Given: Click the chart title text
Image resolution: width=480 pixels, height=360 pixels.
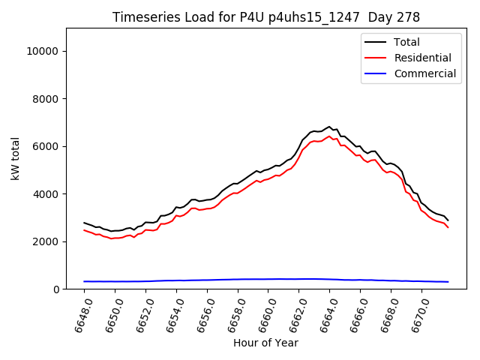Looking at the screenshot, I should point(266,16).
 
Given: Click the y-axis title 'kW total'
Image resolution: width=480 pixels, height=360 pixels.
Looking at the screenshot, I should point(16,159).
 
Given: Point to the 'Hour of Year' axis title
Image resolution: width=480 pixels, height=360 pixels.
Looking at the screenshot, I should point(266,343).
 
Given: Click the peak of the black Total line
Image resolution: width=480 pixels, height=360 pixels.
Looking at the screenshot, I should point(329,127).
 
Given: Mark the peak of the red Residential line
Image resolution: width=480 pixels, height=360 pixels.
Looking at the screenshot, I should point(329,136).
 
